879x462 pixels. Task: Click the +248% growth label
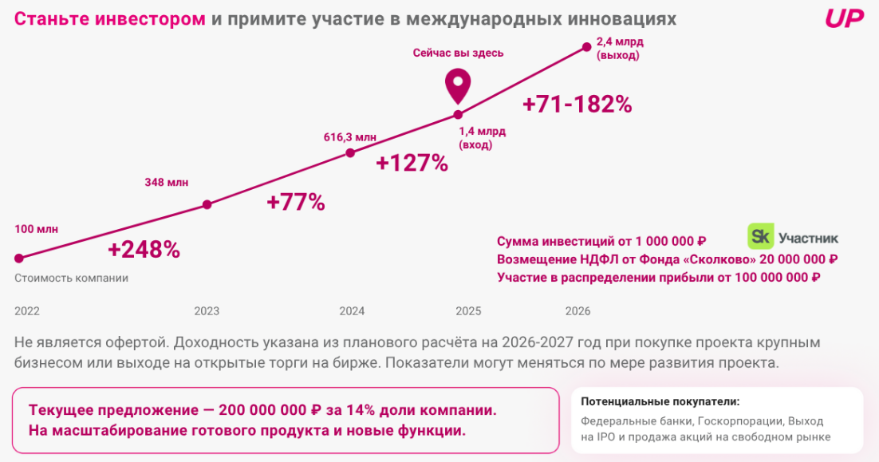144,250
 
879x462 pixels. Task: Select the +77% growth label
296,203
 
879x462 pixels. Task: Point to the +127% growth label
412,164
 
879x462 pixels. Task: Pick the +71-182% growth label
577,105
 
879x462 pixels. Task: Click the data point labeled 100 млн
18,258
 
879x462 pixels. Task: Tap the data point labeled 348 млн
207,205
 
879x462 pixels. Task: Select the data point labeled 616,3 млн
349,152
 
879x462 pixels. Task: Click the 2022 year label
27,311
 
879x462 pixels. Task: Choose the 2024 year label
352,311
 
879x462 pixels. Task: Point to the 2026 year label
577,311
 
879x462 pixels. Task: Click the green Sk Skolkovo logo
759,236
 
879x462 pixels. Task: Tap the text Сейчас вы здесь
459,53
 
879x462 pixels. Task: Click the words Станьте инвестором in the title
110,18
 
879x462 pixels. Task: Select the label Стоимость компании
71,278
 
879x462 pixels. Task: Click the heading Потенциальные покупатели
660,401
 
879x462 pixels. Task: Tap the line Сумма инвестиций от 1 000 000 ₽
601,241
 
